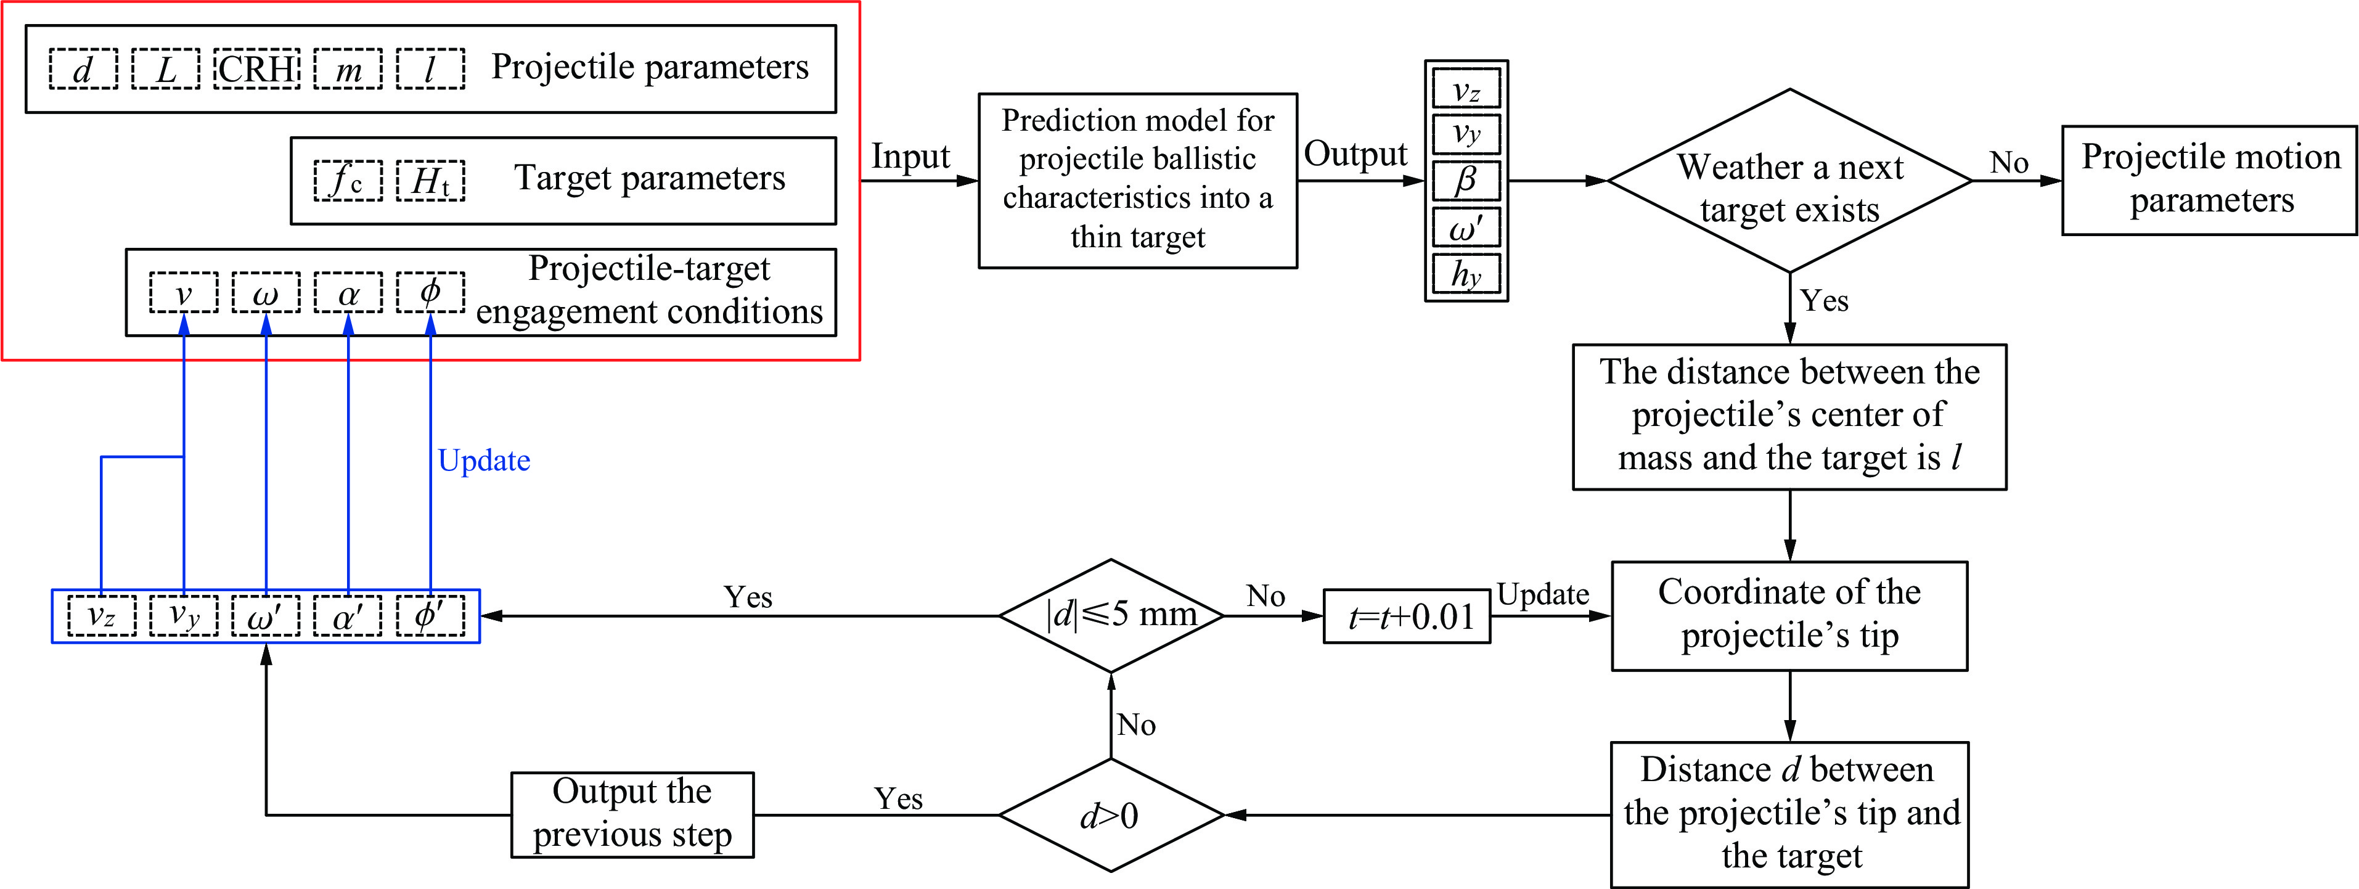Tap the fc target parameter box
click(348, 181)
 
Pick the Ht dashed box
click(430, 181)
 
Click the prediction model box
click(1137, 181)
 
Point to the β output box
click(1466, 181)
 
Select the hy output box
click(1466, 274)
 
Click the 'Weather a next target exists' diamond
click(1789, 181)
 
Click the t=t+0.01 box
click(1407, 616)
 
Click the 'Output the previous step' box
click(632, 815)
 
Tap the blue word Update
click(483, 460)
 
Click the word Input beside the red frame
click(910, 157)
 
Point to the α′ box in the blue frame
click(348, 616)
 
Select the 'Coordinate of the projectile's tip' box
click(1789, 615)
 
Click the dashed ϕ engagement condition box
click(430, 293)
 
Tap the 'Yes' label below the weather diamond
click(1824, 300)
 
